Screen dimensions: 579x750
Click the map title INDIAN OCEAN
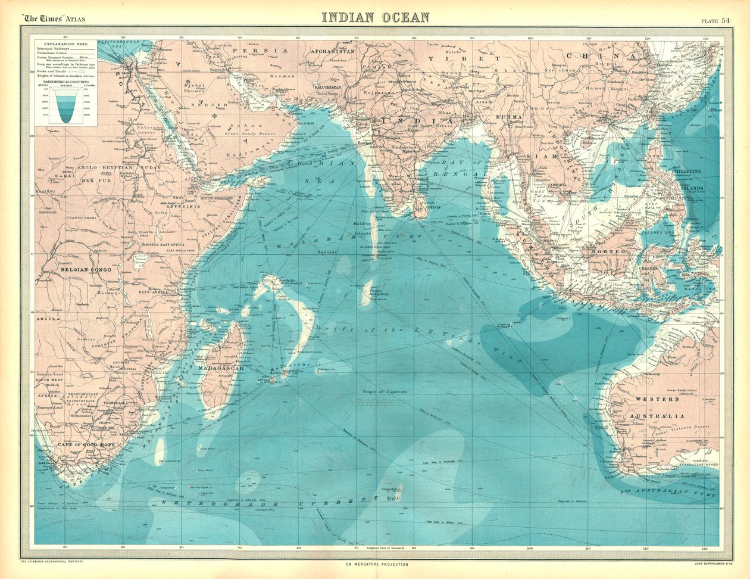coord(375,17)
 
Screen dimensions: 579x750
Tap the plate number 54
coord(726,20)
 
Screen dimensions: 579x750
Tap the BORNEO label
coord(608,252)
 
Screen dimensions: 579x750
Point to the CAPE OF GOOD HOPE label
coord(82,444)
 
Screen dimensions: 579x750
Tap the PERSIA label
coord(251,51)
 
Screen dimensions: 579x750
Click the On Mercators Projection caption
coord(375,564)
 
